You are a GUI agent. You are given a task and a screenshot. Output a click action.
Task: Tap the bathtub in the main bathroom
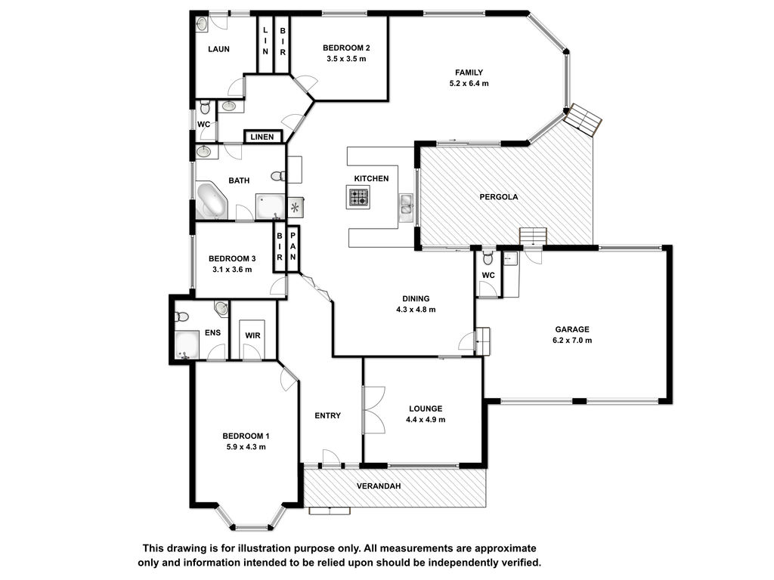coord(212,200)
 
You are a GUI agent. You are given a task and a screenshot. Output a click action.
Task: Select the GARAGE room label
coord(572,329)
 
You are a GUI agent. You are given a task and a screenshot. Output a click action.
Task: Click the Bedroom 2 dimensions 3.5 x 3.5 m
coord(346,59)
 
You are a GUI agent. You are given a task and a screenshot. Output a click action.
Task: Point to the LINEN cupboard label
coord(262,137)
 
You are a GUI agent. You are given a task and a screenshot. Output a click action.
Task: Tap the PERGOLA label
coord(499,197)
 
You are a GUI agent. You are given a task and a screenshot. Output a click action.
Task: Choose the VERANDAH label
coord(379,486)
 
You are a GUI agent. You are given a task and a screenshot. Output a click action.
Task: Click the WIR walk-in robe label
coord(252,336)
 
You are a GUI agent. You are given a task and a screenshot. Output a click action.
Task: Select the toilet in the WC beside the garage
coord(488,258)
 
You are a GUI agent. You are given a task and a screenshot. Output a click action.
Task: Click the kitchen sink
coord(406,207)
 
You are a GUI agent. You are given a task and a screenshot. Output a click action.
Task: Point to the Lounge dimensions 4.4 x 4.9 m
coord(426,420)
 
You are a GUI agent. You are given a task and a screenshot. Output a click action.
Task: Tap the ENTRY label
coord(328,416)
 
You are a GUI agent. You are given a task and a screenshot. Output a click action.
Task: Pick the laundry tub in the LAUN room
coord(202,25)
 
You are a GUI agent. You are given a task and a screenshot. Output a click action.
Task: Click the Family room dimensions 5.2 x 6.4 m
coord(469,84)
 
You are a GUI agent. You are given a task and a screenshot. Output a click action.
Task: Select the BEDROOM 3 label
coord(232,258)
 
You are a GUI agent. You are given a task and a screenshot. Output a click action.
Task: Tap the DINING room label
coord(416,298)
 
